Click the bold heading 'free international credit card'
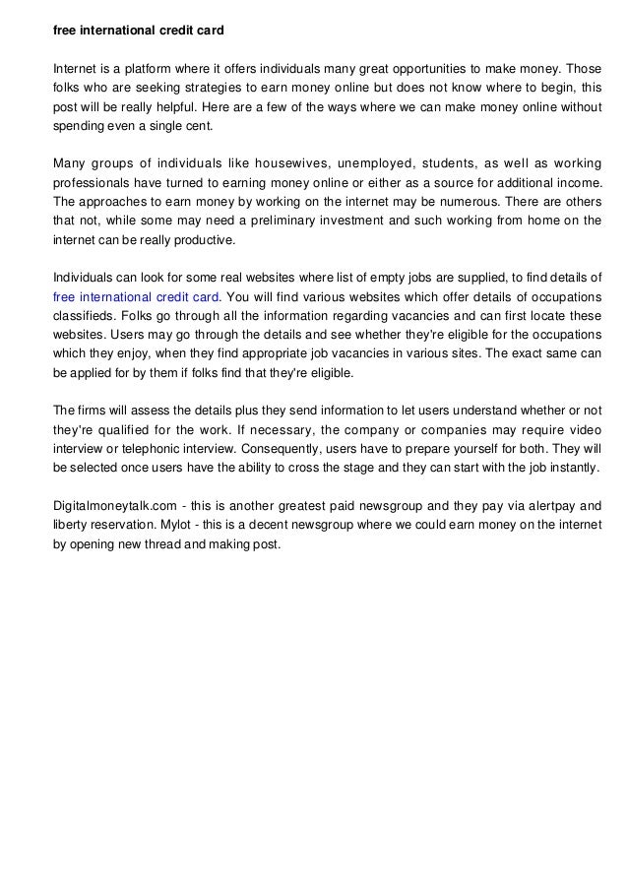pos(138,32)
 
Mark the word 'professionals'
pos(89,182)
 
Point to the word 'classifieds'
pos(84,314)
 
